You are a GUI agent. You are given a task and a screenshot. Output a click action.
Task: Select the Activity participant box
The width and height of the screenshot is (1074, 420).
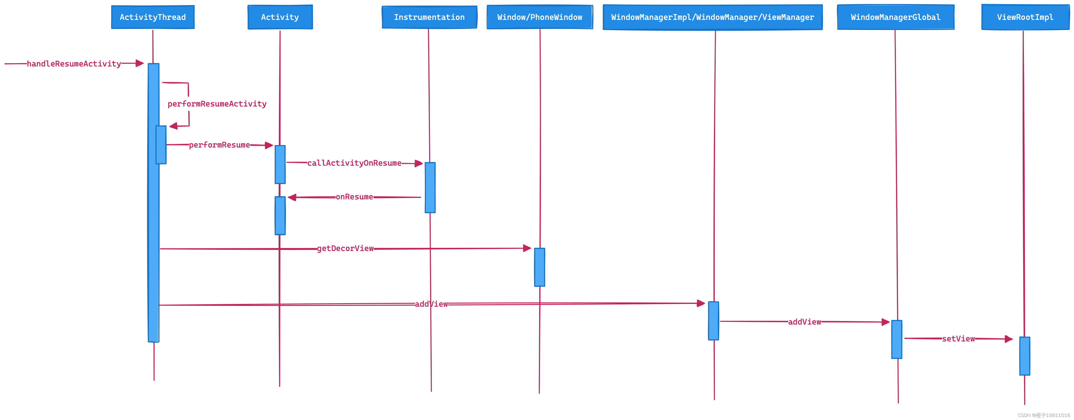(280, 17)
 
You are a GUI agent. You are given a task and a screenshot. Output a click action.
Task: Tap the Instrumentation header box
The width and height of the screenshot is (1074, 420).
(429, 17)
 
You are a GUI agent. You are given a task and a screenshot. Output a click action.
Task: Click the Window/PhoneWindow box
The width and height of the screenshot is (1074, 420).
(540, 17)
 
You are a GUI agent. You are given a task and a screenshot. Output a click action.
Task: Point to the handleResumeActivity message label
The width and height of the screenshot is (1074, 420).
(74, 64)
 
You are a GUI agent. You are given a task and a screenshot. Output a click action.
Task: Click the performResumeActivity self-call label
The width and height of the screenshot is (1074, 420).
(217, 104)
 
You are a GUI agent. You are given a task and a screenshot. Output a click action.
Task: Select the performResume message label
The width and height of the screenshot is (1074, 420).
(219, 145)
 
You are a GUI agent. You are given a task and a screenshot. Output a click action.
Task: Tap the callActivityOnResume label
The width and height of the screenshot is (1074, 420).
(354, 163)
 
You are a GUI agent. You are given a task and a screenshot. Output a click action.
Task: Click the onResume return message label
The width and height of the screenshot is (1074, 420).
(354, 197)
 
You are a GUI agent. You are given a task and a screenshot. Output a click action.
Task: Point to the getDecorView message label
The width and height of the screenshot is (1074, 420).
(345, 249)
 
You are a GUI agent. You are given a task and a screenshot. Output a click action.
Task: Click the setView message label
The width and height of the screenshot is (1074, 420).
(958, 339)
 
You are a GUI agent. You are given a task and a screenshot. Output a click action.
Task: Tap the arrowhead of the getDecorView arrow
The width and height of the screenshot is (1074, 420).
(527, 248)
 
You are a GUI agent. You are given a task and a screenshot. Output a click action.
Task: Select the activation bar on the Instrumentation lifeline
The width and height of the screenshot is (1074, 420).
(430, 188)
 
